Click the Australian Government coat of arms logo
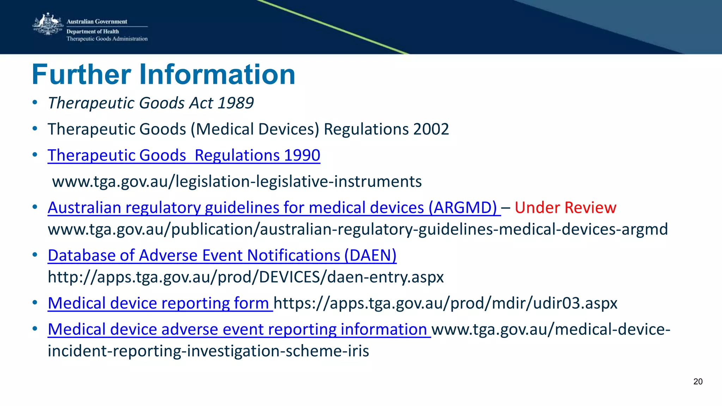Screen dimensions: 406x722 click(x=48, y=24)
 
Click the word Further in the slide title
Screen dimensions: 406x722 click(x=81, y=75)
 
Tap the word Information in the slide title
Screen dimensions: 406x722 click(x=217, y=75)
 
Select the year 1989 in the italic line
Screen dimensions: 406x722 click(x=235, y=103)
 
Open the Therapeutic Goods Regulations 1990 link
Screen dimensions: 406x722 click(x=184, y=155)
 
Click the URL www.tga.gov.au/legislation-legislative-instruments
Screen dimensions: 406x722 click(x=237, y=182)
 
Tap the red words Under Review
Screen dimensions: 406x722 click(x=565, y=207)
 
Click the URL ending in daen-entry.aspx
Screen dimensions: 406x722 click(x=245, y=277)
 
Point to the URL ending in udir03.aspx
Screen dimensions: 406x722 click(x=445, y=303)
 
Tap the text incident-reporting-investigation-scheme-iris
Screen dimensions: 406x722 click(x=208, y=351)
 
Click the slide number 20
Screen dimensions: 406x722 click(x=698, y=382)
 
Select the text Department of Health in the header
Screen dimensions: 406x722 click(x=93, y=31)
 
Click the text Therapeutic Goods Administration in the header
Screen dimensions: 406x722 click(x=107, y=39)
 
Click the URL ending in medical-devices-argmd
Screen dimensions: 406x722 click(x=357, y=229)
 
